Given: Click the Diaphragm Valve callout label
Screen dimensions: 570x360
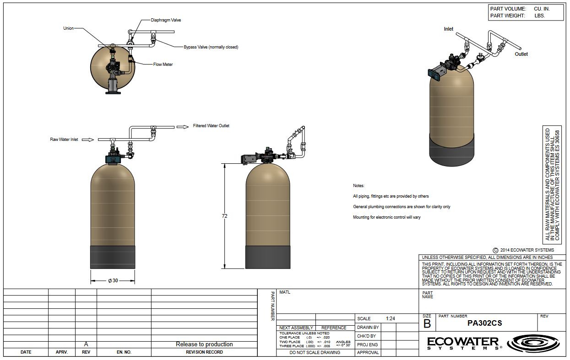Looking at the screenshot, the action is pos(166,20).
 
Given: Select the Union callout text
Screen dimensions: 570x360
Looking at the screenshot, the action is pos(69,28).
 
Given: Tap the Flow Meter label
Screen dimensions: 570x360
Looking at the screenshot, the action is pos(163,64).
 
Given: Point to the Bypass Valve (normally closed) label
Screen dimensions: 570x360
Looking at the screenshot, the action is pos(211,47).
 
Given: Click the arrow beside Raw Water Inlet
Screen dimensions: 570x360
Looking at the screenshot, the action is pos(88,140).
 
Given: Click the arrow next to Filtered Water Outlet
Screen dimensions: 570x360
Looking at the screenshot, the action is pos(183,127).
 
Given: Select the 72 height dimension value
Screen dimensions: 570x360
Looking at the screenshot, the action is pos(224,216).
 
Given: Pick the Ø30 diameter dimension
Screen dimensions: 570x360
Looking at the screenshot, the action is pos(113,281).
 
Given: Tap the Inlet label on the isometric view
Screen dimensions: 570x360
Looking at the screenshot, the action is pos(448,29).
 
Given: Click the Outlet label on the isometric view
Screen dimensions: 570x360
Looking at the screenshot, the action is pos(521,54).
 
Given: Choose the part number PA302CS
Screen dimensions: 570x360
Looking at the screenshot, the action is pos(485,323).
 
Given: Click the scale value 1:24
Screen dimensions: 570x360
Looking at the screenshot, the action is pos(391,318).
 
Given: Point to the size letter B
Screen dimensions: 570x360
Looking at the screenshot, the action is pos(427,324).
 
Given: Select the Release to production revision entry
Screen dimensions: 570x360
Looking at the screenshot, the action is pos(204,344).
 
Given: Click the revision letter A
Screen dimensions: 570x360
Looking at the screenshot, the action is pos(86,344).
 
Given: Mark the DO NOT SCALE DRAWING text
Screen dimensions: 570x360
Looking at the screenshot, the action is pos(315,352).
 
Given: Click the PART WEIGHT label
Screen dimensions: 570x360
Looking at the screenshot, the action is pos(507,16).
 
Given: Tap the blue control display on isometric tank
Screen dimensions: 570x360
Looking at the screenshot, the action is pos(434,75).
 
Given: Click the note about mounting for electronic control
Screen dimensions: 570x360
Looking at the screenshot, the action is pos(386,217).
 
